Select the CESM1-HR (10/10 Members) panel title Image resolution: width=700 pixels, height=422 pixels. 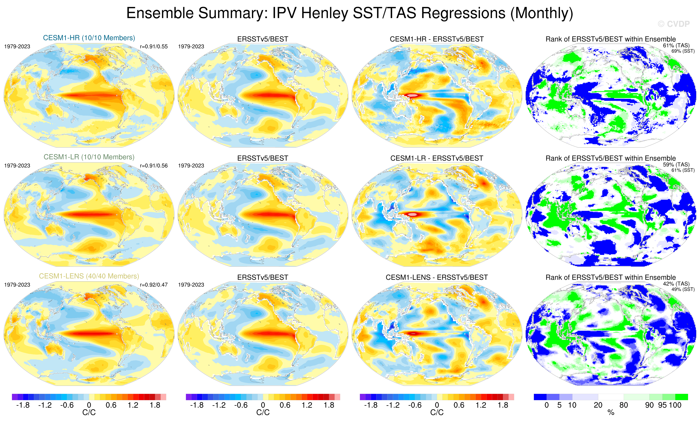click(x=89, y=38)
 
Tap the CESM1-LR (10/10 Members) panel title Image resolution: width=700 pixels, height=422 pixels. click(x=89, y=157)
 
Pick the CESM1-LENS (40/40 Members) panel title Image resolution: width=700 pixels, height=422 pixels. click(x=89, y=276)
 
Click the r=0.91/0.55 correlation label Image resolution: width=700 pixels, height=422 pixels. click(x=154, y=47)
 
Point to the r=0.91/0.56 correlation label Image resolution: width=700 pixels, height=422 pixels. click(x=154, y=165)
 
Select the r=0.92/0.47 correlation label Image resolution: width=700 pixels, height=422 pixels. click(x=154, y=285)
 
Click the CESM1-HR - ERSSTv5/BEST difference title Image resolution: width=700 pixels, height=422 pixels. click(x=437, y=39)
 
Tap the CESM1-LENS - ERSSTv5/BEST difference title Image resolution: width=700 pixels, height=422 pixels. click(x=437, y=277)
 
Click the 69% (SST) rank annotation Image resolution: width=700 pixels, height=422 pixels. click(x=683, y=51)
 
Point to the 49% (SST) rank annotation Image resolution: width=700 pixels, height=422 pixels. click(x=683, y=289)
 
